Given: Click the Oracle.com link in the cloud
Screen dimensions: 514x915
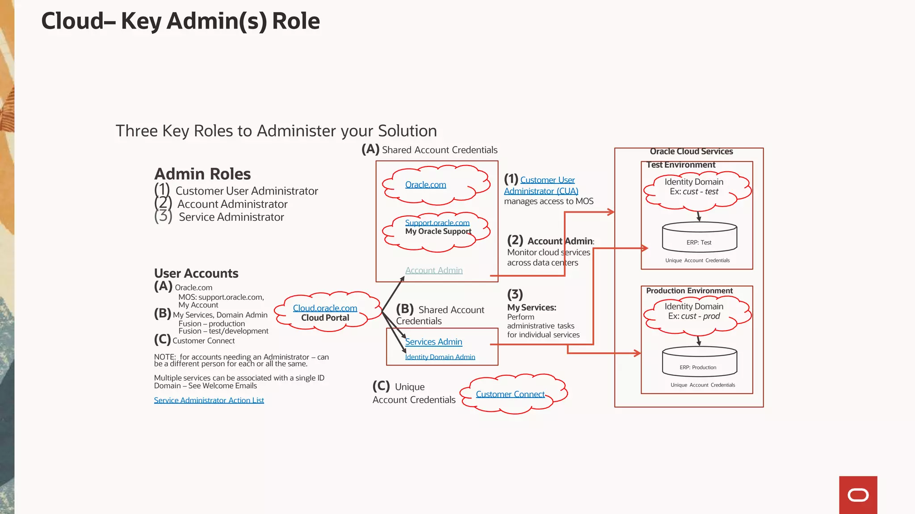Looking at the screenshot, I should (425, 185).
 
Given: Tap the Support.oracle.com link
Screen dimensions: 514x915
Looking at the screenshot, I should (437, 223).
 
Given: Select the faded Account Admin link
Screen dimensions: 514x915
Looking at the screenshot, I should (434, 270).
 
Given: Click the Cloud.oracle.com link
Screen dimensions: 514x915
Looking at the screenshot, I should (325, 308).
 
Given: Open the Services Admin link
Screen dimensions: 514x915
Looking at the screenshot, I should (433, 342).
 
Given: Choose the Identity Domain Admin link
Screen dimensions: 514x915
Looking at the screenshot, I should (440, 357).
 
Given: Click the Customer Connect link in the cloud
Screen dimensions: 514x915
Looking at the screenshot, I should (510, 394).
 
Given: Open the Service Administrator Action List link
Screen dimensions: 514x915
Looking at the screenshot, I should (209, 400).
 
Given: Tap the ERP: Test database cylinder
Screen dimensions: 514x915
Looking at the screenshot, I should (699, 237).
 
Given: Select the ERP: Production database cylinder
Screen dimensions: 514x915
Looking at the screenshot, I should (699, 362).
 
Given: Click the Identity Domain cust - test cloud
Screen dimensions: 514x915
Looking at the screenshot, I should (694, 187).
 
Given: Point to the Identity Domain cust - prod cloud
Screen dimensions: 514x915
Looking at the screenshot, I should (694, 311).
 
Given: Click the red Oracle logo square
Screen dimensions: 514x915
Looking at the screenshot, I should (858, 495).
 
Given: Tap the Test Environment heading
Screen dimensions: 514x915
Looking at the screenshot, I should (680, 165).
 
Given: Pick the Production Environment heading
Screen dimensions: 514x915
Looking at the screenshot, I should (689, 291).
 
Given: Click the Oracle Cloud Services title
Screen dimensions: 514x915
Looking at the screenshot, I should (691, 152).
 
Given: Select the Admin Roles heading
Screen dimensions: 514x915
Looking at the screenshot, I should (202, 174).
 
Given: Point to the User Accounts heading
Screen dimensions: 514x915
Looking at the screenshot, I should (196, 273).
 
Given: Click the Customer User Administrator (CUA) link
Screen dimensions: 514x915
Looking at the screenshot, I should (541, 186).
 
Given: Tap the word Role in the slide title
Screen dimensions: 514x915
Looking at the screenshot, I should (296, 21).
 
